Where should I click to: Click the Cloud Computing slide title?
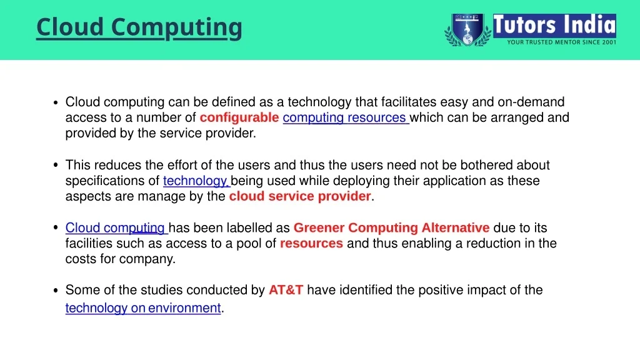(139, 27)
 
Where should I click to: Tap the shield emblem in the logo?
(467, 29)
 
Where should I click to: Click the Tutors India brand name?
(554, 25)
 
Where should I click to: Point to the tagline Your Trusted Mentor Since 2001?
(562, 42)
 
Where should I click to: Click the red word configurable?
(239, 117)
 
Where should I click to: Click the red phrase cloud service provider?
(300, 196)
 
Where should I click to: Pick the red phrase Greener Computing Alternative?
(391, 227)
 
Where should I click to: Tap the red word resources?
(311, 243)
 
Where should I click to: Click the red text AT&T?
(286, 290)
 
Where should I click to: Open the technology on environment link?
(143, 307)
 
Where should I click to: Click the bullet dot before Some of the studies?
(56, 291)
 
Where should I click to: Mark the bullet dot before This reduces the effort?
(56, 165)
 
